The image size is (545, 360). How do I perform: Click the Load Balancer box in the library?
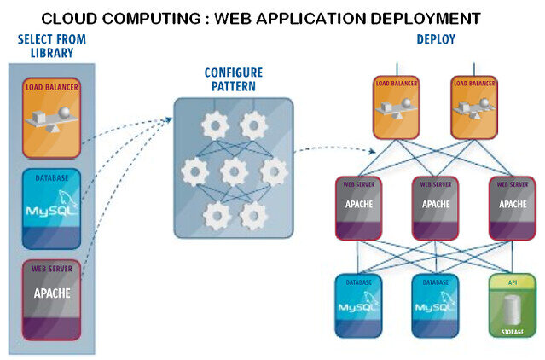(52, 118)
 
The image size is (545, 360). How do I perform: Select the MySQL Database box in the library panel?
(52, 209)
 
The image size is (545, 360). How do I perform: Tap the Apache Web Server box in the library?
(52, 300)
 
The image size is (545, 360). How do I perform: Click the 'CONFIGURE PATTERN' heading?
(234, 79)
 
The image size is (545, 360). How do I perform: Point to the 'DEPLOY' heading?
(436, 39)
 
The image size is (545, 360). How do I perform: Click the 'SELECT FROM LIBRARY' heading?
(52, 46)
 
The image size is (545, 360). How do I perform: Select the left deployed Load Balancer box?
(397, 107)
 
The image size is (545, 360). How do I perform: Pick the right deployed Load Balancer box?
(474, 107)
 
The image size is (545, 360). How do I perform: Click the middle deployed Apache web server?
(436, 208)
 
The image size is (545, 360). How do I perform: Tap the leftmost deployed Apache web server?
(359, 208)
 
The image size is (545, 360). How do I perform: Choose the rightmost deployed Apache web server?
(513, 208)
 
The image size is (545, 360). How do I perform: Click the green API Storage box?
(513, 305)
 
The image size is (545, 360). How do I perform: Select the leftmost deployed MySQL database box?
(359, 305)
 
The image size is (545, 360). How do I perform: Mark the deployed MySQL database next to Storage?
(436, 305)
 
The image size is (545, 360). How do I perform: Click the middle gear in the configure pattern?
(235, 171)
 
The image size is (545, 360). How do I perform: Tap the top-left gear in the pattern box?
(215, 125)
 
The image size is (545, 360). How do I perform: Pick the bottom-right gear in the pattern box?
(253, 216)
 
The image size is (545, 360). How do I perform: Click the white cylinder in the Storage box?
(512, 311)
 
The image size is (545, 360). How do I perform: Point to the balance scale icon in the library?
(52, 119)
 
